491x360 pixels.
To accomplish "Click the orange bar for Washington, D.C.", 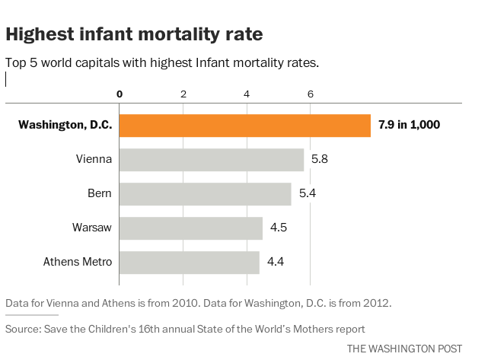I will click(x=245, y=126).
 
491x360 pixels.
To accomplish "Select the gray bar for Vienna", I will click(x=212, y=160).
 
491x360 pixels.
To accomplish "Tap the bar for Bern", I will click(x=206, y=194).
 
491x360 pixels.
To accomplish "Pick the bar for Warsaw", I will click(x=191, y=228).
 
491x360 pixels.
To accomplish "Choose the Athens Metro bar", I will click(x=190, y=263).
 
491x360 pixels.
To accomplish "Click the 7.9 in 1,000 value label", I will click(x=410, y=126).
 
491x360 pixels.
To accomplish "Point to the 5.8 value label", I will click(x=320, y=160).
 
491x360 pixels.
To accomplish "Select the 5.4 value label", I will click(x=308, y=194).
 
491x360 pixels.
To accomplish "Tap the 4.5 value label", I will click(x=279, y=228).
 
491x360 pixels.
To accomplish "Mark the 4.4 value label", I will click(x=276, y=263).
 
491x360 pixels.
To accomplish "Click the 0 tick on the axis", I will click(x=120, y=94).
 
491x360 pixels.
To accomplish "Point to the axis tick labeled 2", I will click(x=183, y=94).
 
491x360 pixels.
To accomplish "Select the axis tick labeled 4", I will click(x=247, y=94).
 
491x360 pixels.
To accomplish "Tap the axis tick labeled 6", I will click(x=310, y=94).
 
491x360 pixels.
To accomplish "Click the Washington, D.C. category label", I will click(x=65, y=126).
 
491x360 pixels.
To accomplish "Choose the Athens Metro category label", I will click(x=78, y=263).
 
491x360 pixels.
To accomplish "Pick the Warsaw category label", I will click(x=93, y=228).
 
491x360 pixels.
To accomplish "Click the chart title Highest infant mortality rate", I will click(x=135, y=34).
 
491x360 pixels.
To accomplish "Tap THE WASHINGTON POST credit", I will click(x=404, y=349).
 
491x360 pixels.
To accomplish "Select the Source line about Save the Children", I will click(x=185, y=329).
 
